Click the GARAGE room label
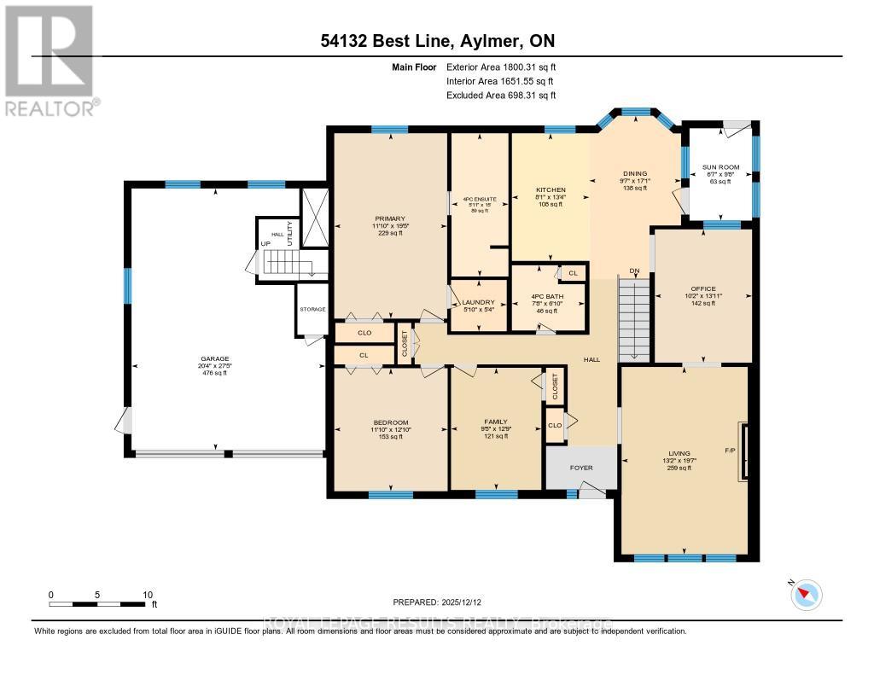(x=215, y=358)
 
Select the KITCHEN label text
(x=550, y=189)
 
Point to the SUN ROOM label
(x=720, y=167)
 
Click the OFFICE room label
(x=703, y=288)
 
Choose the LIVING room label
(x=679, y=453)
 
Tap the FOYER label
(x=580, y=468)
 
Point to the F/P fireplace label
(x=730, y=450)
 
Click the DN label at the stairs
(x=634, y=271)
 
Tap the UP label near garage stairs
(x=265, y=244)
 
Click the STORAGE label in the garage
(x=312, y=309)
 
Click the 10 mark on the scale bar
(x=148, y=595)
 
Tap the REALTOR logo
(x=50, y=60)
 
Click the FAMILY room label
(x=496, y=422)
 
